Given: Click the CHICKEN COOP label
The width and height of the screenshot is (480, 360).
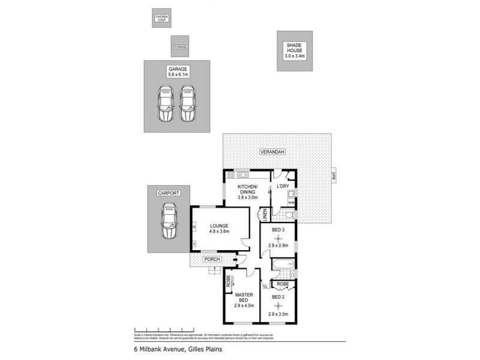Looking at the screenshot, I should click(161, 19).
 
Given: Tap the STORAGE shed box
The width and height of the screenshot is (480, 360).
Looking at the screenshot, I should click(179, 46).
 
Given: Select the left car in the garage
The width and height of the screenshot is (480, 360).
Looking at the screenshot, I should click(164, 103).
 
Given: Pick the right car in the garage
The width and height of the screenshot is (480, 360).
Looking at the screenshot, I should click(188, 103).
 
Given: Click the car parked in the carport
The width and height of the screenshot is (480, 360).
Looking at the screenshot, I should click(169, 221).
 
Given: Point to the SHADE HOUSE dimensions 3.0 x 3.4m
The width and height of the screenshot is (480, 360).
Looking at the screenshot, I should click(295, 56).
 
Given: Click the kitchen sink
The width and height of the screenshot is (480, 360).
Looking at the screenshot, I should click(244, 175).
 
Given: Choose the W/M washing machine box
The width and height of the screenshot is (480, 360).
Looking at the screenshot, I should click(290, 202).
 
